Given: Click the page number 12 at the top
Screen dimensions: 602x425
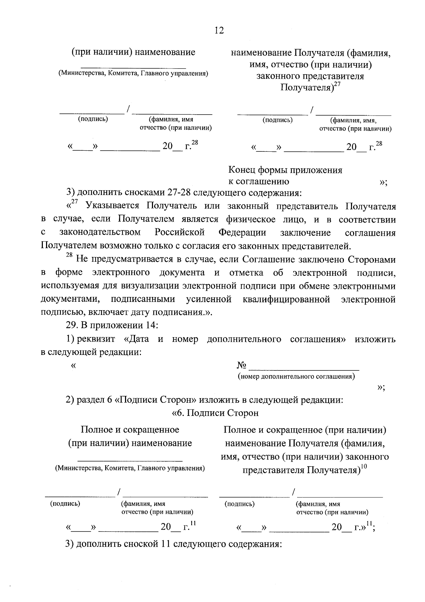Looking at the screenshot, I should (219, 30).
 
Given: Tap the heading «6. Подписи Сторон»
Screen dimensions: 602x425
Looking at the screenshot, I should (215, 413).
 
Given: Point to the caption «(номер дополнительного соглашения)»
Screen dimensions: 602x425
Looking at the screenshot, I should (296, 376).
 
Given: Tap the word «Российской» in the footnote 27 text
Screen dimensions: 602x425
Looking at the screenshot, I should (180, 233).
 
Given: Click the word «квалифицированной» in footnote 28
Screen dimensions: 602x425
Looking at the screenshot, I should (287, 299).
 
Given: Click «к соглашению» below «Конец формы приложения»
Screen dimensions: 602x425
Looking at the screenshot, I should (259, 182).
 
